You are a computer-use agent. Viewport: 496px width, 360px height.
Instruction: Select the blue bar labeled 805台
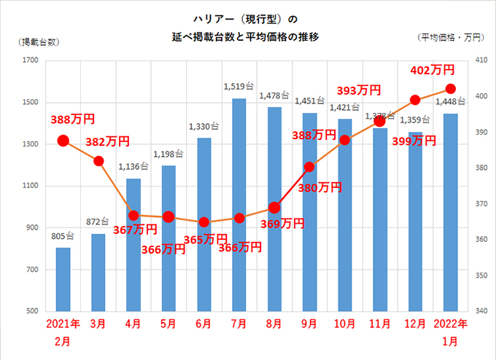tap(63, 280)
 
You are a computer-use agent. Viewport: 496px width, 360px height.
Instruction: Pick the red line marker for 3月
tap(98, 160)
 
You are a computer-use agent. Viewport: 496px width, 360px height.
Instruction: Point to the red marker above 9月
tap(309, 167)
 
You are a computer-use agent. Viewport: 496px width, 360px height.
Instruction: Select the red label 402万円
tap(433, 70)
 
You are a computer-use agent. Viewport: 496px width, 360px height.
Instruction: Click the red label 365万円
tap(205, 238)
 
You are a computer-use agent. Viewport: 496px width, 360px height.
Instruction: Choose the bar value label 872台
tap(98, 222)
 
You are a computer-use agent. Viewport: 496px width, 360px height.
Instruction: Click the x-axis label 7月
tap(239, 322)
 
